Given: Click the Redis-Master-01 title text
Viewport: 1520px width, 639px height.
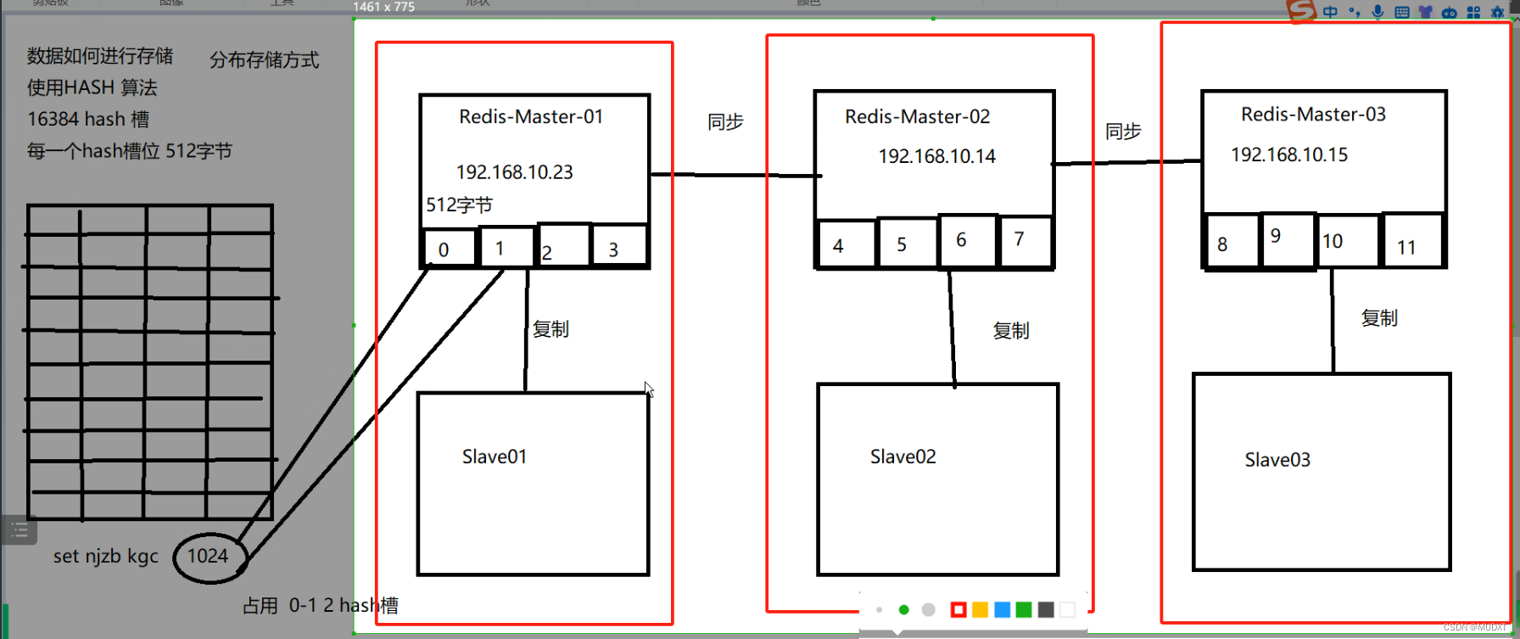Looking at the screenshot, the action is coord(531,116).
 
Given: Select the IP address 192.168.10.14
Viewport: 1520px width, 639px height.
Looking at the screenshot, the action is coord(936,156).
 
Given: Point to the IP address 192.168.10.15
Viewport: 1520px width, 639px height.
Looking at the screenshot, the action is coord(1288,154).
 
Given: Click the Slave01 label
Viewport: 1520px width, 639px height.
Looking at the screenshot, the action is coord(495,457).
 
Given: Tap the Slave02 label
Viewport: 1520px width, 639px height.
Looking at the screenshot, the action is coord(903,457).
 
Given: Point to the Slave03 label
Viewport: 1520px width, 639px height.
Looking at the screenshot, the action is coord(1277,460).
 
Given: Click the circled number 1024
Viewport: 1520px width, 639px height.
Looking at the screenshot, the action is coord(208,556).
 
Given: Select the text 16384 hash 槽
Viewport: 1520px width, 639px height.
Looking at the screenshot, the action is coord(88,120).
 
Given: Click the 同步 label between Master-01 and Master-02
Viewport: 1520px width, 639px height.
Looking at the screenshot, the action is coord(725,122).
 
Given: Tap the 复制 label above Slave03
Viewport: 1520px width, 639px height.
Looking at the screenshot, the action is coord(1379,318).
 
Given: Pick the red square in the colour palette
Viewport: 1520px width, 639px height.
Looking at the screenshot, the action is coord(958,609).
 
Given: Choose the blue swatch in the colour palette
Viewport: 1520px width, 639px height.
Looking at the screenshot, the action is coord(1002,609).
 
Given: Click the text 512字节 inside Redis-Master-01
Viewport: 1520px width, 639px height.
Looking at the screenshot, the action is coord(459,205).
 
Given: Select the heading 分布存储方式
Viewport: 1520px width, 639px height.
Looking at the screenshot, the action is coord(265,60).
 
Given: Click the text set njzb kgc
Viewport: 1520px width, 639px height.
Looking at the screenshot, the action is coord(106,557).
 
